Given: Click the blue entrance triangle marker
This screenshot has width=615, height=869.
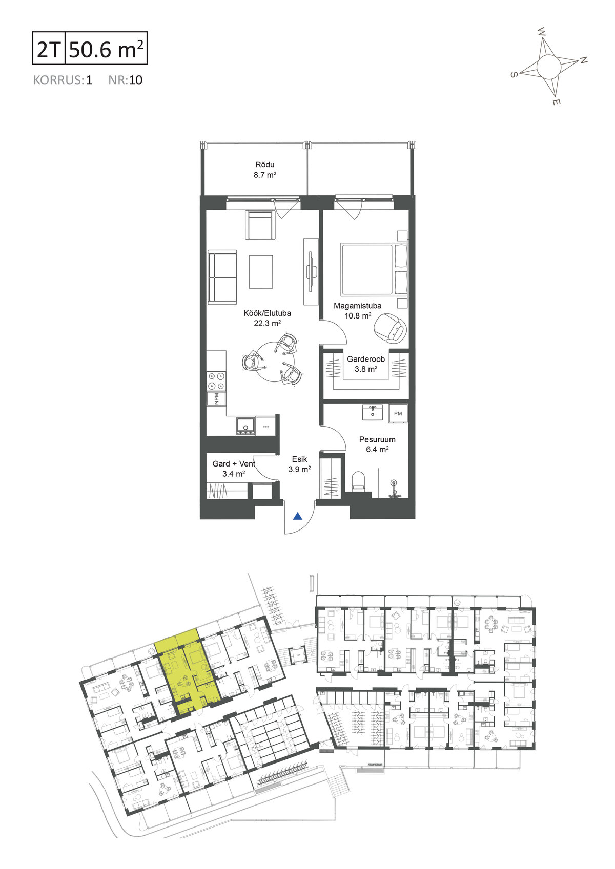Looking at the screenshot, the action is point(297,516).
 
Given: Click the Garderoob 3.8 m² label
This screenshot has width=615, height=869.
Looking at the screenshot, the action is point(366,364).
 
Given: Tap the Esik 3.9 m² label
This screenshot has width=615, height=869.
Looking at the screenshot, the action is point(299,464).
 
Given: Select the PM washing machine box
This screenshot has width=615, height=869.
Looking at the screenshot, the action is point(398,414).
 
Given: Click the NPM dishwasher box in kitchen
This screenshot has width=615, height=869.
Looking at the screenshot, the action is point(216,398).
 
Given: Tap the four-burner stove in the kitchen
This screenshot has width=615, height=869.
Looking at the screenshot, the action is point(216,380).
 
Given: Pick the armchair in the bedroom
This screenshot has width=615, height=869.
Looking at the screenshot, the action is point(390,328).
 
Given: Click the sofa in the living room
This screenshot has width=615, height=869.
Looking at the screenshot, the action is point(222,278).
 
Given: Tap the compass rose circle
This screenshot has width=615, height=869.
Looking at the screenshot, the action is point(548,67).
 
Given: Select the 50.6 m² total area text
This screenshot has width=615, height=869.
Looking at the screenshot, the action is point(106,49).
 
